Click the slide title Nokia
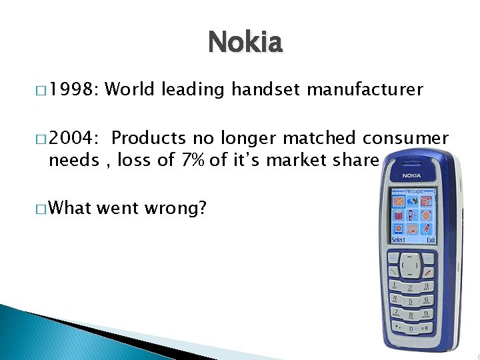pos(245,43)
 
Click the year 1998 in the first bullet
pos(71,89)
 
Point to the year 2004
pos(71,138)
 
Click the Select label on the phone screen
pos(398,239)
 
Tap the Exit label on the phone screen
pos(431,239)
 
